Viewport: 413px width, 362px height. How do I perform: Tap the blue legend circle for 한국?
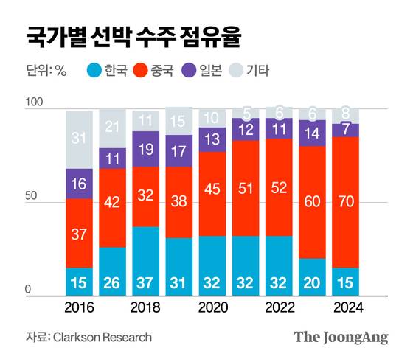[x=94, y=72]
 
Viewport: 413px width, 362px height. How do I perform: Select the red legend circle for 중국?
[x=145, y=72]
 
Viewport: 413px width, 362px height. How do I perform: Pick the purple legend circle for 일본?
[x=195, y=72]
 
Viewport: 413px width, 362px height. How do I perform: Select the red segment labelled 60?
[x=313, y=201]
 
